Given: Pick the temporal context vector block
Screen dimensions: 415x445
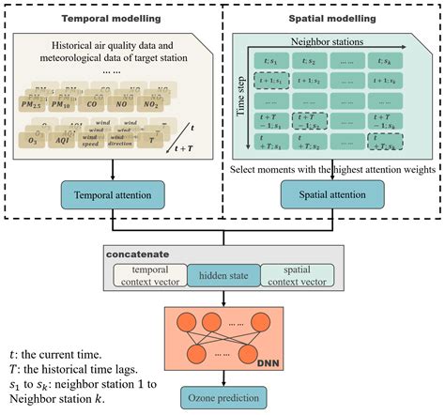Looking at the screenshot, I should [x=152, y=275].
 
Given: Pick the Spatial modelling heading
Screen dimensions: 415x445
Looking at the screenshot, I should [x=334, y=18].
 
